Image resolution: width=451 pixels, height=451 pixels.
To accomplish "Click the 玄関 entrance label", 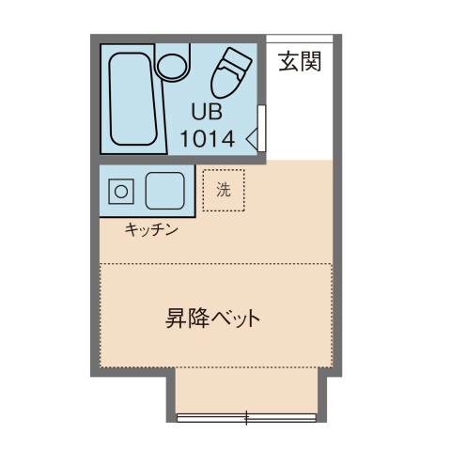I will pyautogui.click(x=300, y=63).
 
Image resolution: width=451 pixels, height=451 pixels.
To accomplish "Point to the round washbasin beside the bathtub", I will pyautogui.click(x=172, y=66).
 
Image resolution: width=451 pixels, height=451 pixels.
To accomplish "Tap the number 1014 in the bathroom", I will pyautogui.click(x=208, y=139).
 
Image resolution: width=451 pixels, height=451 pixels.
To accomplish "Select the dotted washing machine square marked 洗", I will pyautogui.click(x=224, y=190).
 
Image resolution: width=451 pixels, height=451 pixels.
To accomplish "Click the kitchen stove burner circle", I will pyautogui.click(x=121, y=192).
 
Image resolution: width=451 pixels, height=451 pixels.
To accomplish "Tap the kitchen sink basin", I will pyautogui.click(x=163, y=192).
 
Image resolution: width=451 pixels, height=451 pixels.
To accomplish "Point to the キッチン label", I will pyautogui.click(x=151, y=229).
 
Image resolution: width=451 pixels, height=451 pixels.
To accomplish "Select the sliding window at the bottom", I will pyautogui.click(x=247, y=416).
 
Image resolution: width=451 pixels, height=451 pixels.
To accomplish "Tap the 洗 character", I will pyautogui.click(x=224, y=190).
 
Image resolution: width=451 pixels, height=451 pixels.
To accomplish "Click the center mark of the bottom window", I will pyautogui.click(x=247, y=416).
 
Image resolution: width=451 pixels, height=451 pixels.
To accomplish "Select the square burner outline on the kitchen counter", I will pyautogui.click(x=121, y=192).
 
